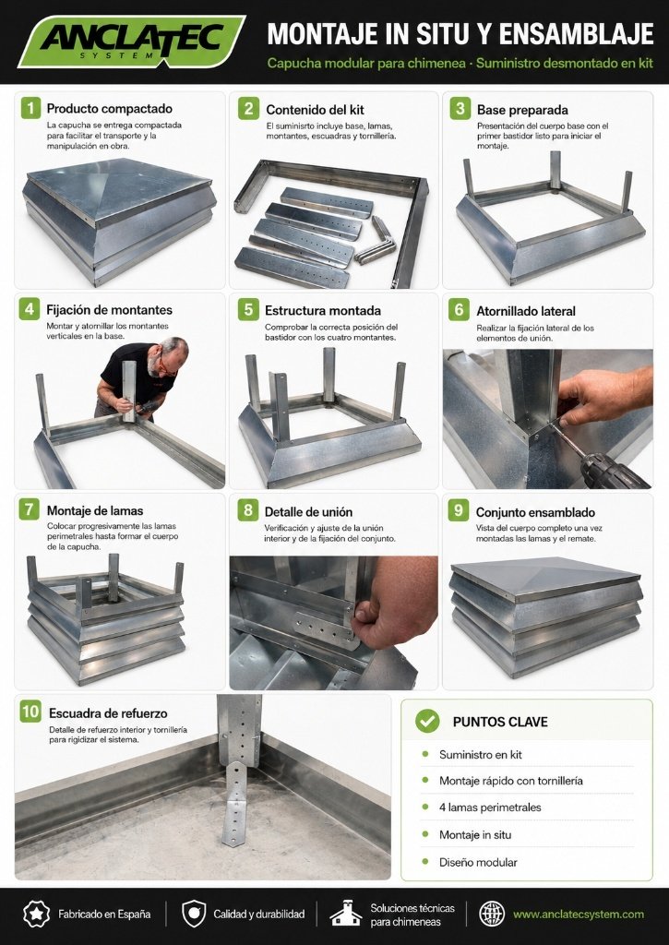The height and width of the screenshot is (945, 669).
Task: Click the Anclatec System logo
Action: (131, 41)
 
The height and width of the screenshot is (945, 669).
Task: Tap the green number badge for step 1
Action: (30, 109)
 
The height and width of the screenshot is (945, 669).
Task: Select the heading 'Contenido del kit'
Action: (315, 110)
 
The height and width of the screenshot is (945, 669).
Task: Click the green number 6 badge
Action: (459, 310)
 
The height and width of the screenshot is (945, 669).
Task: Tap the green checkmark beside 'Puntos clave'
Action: (427, 721)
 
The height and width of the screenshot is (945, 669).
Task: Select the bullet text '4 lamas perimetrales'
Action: (490, 807)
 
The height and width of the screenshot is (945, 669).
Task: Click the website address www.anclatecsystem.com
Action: (578, 915)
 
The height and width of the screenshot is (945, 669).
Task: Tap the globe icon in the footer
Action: (491, 915)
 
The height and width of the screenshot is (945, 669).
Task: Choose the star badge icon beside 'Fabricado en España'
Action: (36, 915)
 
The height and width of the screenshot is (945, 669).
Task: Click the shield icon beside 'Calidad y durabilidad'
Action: (194, 915)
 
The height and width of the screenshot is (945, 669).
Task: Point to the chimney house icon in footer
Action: (346, 913)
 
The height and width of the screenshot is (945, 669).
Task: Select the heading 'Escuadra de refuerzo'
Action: (108, 713)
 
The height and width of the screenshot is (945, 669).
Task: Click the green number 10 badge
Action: (30, 712)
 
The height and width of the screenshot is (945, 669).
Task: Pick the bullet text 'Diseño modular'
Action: (478, 863)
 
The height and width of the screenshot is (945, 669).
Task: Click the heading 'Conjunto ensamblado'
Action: (535, 512)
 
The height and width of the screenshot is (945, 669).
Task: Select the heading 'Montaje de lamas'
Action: (95, 511)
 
